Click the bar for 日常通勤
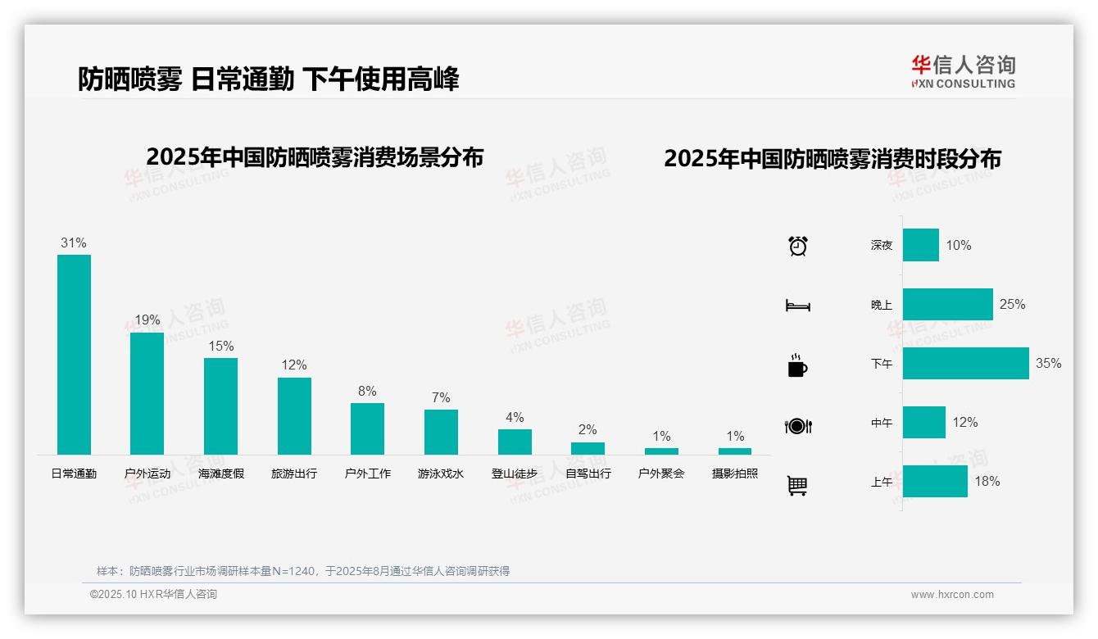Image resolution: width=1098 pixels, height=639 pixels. pos(74,354)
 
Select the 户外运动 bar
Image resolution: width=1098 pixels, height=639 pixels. pos(147,393)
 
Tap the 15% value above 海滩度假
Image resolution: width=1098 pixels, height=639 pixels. pos(220,346)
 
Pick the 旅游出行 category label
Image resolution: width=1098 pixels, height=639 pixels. pos(294,474)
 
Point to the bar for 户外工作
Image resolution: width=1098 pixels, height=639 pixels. pos(367,428)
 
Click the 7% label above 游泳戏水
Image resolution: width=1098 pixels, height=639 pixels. pos(441,397)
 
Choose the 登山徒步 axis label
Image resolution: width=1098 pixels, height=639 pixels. pos(515,474)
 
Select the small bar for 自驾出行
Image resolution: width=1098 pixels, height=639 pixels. pos(588,448)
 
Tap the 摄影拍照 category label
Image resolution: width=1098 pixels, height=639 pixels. pos(735,474)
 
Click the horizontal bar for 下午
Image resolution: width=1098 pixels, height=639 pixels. pos(965,363)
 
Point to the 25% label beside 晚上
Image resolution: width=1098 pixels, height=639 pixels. pos(1012,304)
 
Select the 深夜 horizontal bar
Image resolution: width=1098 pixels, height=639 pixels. pos(921,245)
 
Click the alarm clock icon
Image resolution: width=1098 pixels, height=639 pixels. pos(797,245)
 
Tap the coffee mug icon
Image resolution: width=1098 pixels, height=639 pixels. pos(797,366)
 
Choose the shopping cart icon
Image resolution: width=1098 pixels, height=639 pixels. pos(797,485)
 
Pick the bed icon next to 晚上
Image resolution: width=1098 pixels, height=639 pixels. pos(797,306)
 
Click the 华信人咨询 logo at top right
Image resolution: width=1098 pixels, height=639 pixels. pos(963,71)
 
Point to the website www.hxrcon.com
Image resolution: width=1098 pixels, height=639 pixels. pos(952,595)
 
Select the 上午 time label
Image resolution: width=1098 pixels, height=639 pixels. pos(882,482)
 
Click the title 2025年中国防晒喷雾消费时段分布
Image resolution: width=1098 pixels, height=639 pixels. pos(833,159)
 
